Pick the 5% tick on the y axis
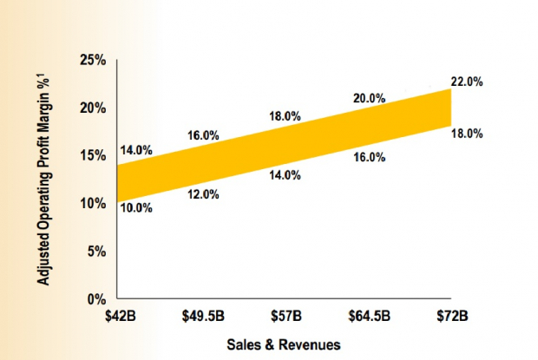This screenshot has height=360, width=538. tap(95, 252)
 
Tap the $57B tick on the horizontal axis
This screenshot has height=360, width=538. tap(285, 314)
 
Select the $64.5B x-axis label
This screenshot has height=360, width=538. tap(369, 314)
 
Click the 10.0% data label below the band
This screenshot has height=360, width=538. tap(136, 208)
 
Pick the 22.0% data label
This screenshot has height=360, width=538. tap(467, 82)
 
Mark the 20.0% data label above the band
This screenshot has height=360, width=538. tap(369, 98)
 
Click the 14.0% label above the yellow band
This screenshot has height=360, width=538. tap(136, 150)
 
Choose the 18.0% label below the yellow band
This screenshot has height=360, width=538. tap(467, 134)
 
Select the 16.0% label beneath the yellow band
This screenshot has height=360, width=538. tap(369, 157)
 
